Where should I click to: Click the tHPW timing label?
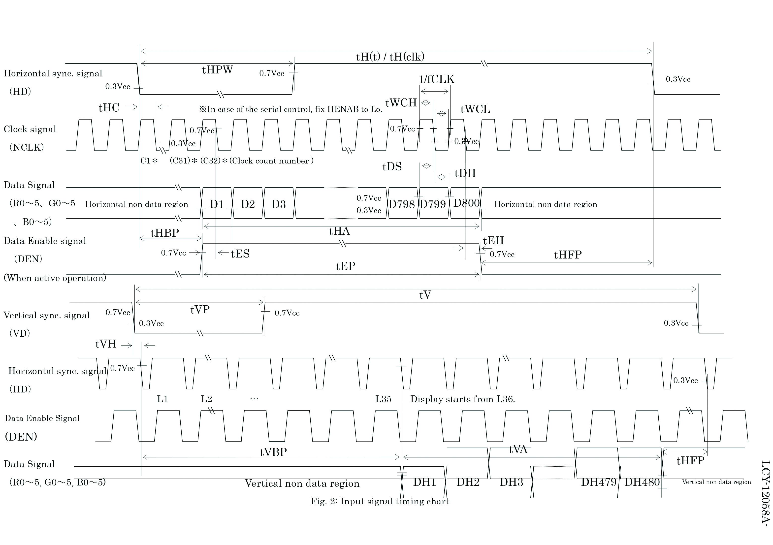coord(217,70)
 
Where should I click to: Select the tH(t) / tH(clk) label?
coord(390,57)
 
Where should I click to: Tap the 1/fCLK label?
coord(436,79)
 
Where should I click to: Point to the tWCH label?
coord(401,103)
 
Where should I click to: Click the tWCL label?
coord(475,109)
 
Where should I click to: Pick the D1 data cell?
coord(217,204)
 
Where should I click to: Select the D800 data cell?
coord(466,203)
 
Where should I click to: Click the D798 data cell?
coord(402,204)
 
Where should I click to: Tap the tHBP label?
coord(165,233)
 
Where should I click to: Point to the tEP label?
coord(345,266)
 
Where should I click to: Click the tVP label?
coord(200,309)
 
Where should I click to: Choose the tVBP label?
coord(273,452)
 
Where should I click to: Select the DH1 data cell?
coord(424,482)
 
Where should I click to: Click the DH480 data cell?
coord(642,482)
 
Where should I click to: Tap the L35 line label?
coord(384,399)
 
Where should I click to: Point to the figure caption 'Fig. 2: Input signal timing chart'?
coord(380,501)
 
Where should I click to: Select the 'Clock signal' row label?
coord(30,129)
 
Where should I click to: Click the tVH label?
coord(106,344)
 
